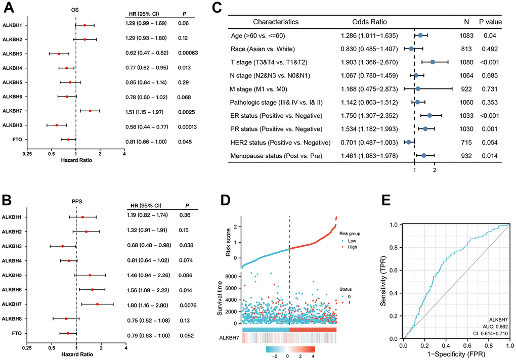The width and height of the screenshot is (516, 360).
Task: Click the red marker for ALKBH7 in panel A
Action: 90,111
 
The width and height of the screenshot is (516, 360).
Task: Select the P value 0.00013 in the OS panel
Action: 188,125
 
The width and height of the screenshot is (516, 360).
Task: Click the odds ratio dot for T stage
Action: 433,62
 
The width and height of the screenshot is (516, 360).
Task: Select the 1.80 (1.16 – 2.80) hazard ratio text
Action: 147,304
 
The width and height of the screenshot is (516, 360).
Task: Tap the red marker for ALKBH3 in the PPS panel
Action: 63,246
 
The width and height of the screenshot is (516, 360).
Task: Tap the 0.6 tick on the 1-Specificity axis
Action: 468,345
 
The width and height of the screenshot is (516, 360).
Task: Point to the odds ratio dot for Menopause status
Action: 424,155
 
